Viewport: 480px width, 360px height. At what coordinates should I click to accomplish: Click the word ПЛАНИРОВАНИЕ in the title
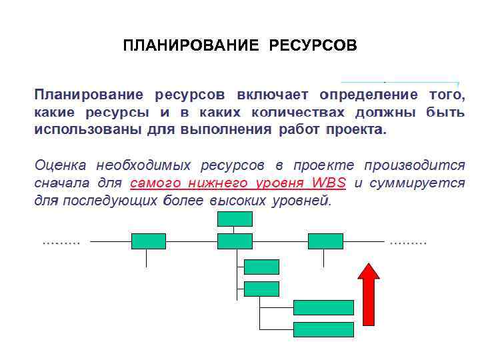point(191,46)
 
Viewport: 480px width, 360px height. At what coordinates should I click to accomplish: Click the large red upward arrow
point(369,293)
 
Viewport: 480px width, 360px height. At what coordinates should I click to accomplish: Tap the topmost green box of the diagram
point(235,219)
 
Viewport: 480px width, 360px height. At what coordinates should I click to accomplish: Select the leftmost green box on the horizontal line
point(148,241)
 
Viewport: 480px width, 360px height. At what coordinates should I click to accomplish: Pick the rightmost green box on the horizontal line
point(325,241)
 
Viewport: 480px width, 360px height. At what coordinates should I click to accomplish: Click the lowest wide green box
point(323,329)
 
